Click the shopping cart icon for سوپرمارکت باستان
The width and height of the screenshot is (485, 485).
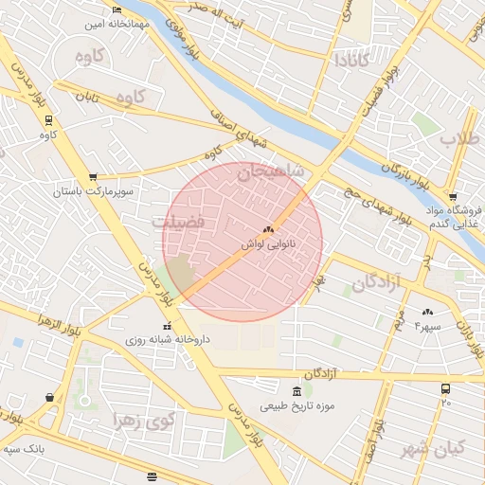pyautogui.click(x=93, y=177)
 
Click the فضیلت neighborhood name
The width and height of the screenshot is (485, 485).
pyautogui.click(x=177, y=220)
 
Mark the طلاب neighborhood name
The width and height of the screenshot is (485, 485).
pyautogui.click(x=460, y=138)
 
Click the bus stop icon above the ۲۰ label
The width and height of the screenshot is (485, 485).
pyautogui.click(x=445, y=388)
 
